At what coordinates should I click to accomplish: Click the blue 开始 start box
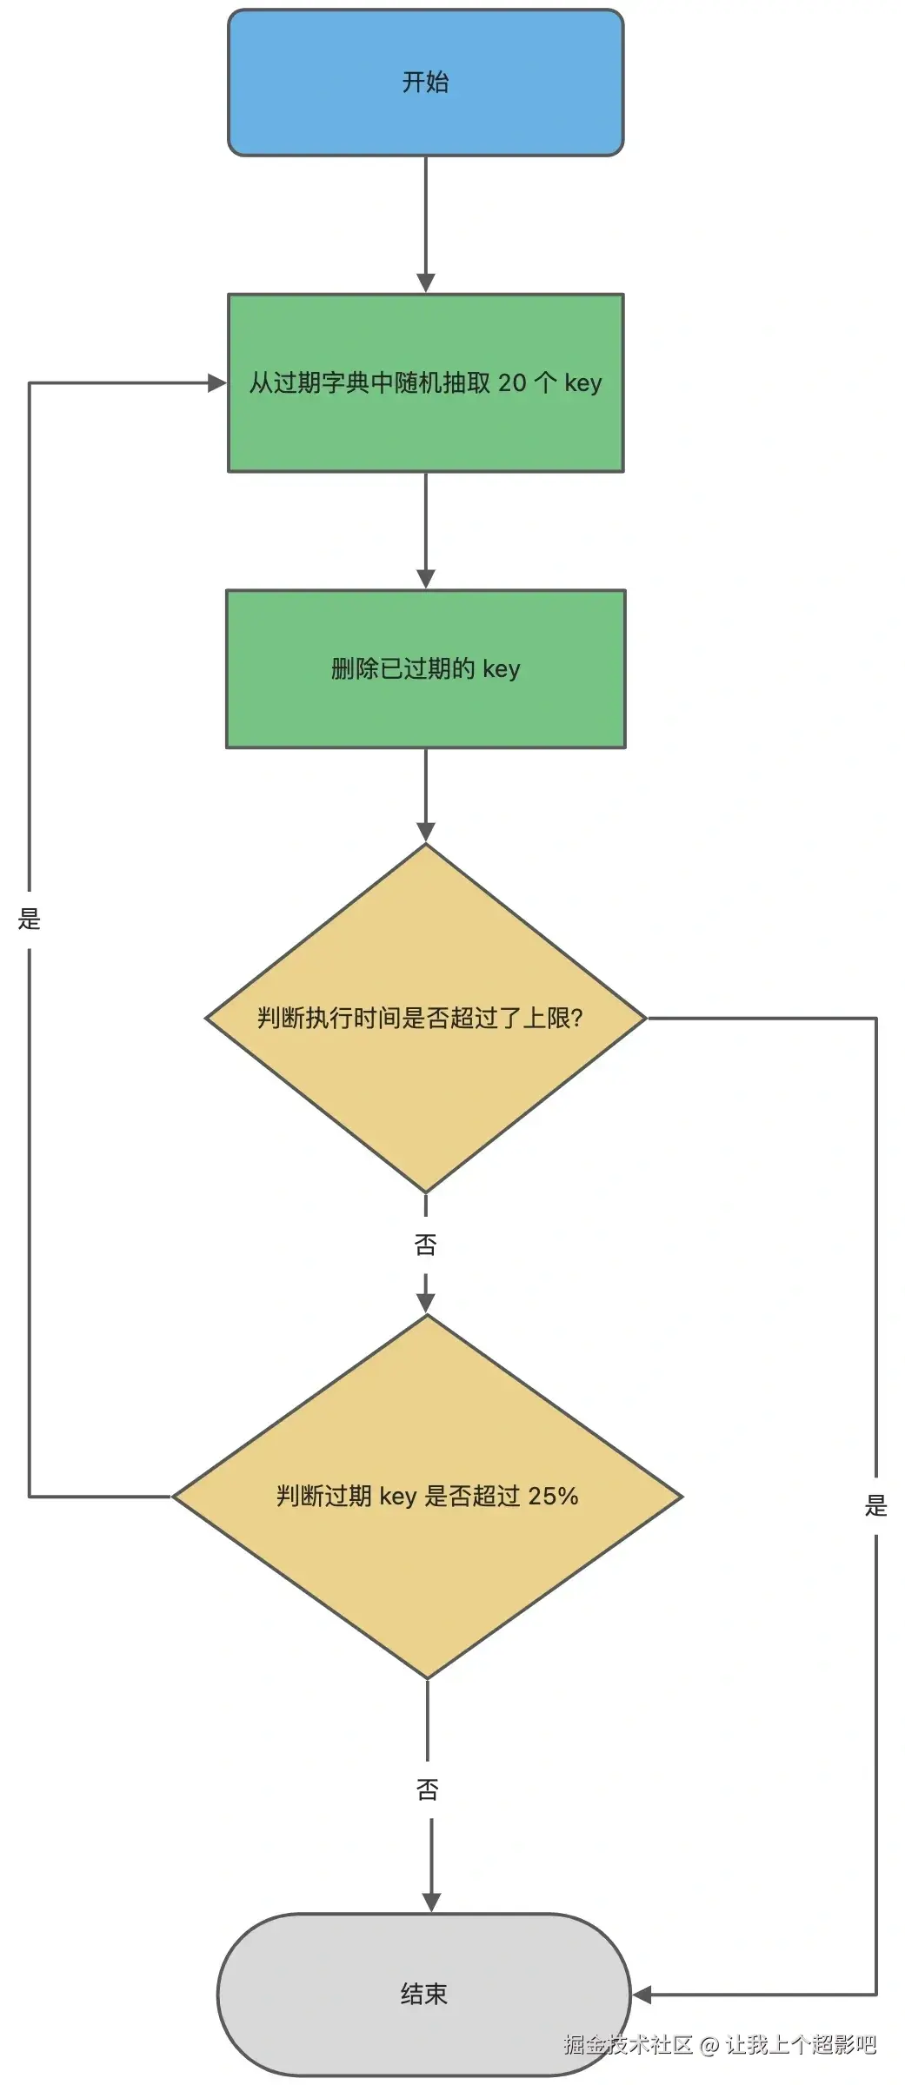click(425, 83)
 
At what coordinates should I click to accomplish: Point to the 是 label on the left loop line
click(30, 919)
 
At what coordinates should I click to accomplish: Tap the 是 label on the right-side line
click(875, 1505)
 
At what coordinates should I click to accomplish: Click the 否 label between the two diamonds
click(425, 1245)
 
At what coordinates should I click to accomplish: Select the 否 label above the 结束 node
click(428, 1790)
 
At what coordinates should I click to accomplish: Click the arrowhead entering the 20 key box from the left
click(216, 383)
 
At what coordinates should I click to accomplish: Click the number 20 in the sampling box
click(512, 383)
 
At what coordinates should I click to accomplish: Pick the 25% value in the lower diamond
click(553, 1496)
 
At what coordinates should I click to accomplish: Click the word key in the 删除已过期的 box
click(501, 668)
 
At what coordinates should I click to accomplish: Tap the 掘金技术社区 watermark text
click(628, 2045)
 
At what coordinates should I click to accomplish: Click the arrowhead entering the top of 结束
click(431, 1902)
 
